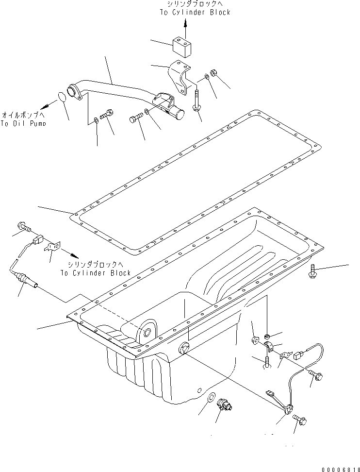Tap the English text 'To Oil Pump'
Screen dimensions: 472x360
tap(23, 124)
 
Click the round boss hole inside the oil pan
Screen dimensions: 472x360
tap(146, 333)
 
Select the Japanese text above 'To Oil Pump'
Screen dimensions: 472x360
tap(23, 115)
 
